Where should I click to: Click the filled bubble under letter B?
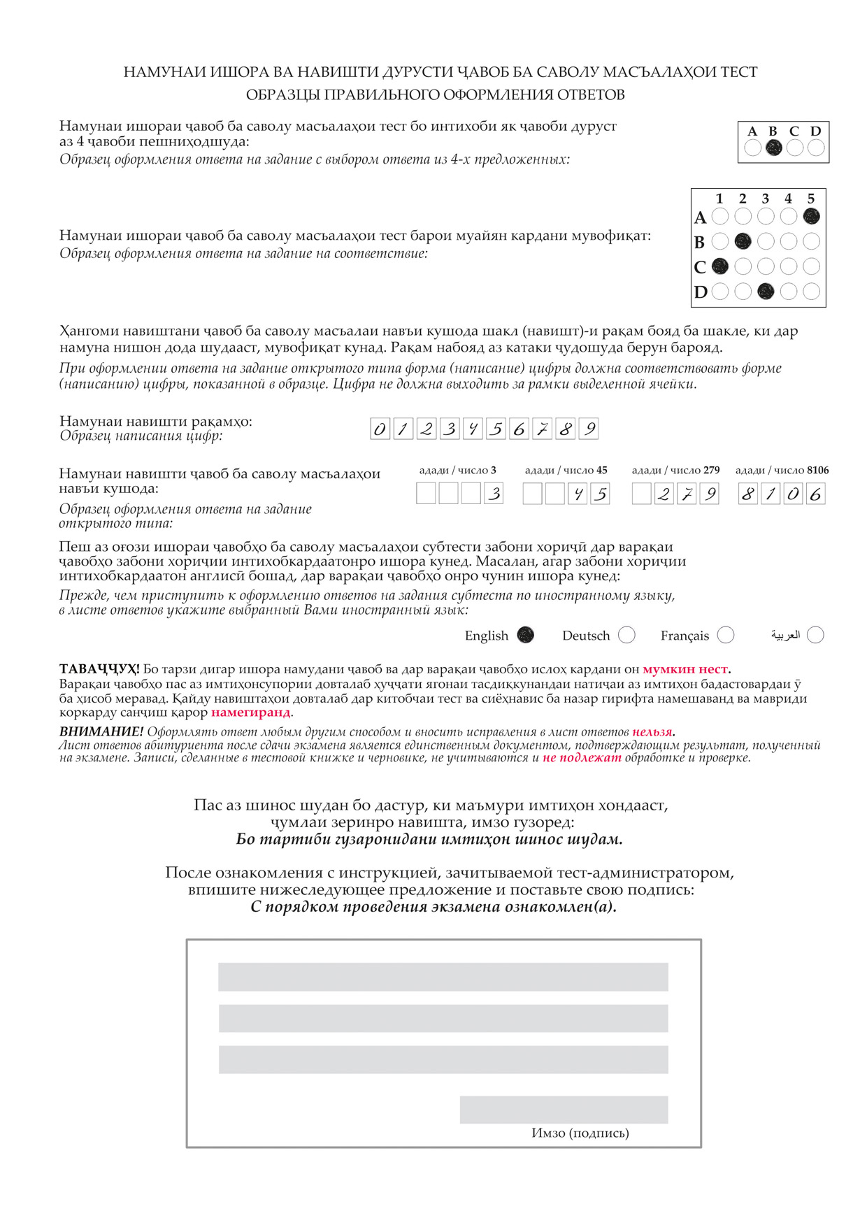773,148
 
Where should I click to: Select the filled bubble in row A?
811,217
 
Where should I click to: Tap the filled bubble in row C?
719,266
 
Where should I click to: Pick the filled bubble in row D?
766,291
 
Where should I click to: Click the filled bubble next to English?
525,635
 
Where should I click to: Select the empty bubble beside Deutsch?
626,635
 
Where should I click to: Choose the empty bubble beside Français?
726,635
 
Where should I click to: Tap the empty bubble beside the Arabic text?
815,635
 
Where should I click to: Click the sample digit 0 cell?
380,429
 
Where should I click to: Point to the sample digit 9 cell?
589,429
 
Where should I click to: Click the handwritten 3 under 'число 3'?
494,494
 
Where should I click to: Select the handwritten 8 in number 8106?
748,494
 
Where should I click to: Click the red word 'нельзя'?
653,732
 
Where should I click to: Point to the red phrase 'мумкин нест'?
685,669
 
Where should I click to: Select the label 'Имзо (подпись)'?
580,1133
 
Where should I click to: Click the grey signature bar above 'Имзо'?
564,1110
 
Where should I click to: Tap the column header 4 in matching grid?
788,199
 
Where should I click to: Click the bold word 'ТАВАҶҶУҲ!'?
99,669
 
